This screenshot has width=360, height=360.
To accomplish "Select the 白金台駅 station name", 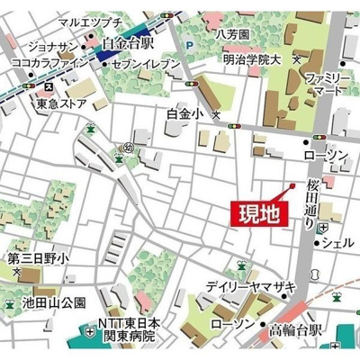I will tap(130, 42).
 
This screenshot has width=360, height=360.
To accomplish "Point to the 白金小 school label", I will tap(185, 114).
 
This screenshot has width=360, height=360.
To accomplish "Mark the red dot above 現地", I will tap(292, 186).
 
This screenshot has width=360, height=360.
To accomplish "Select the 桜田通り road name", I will tap(312, 203).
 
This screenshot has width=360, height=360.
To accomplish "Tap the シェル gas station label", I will tap(337, 242).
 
